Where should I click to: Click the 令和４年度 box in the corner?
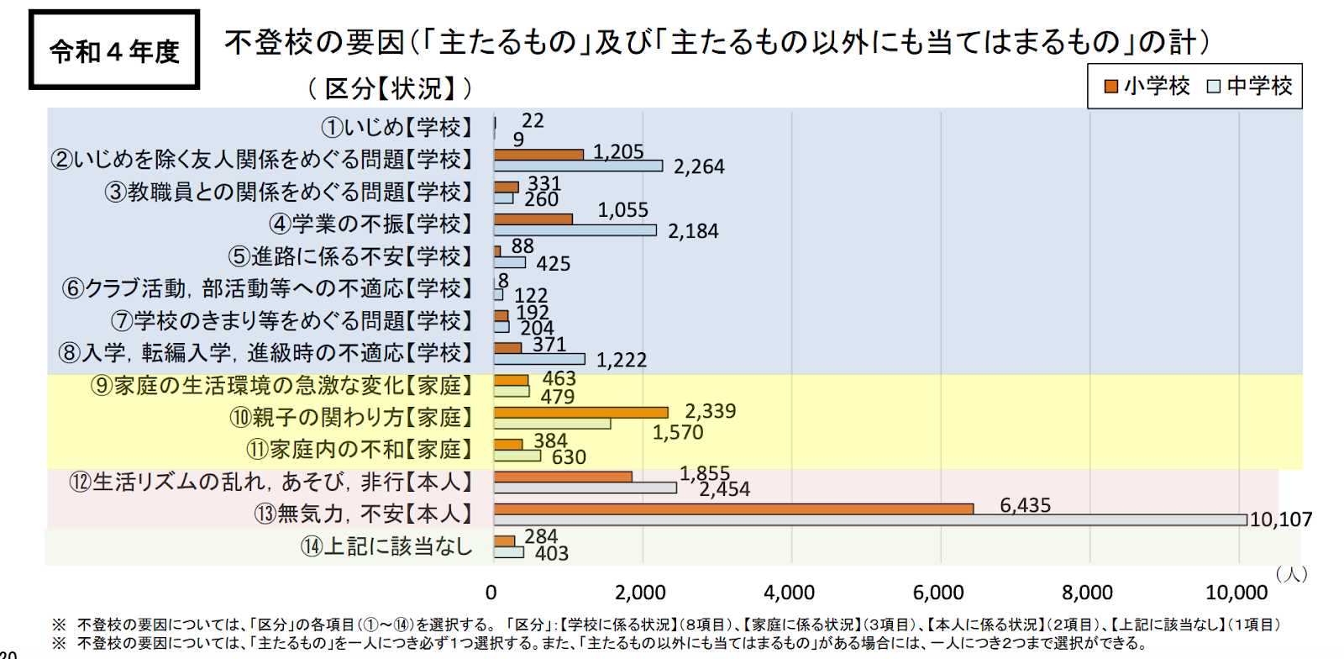[x=114, y=50]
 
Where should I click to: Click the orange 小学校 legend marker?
[x=1111, y=87]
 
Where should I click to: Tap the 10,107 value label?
[x=1280, y=519]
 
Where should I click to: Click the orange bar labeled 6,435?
[x=733, y=509]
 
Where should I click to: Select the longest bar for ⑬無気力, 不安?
[x=870, y=520]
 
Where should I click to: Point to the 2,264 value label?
[x=699, y=166]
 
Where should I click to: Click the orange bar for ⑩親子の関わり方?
[x=581, y=412]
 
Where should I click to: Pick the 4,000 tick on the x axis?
[x=789, y=593]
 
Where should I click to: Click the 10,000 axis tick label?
[x=1236, y=593]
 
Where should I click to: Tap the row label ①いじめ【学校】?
[x=397, y=127]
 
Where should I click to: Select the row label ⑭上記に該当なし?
[x=386, y=546]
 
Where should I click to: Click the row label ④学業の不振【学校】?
[x=370, y=224]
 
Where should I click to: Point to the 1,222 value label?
[x=622, y=360]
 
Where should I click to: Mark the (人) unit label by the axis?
[x=1292, y=573]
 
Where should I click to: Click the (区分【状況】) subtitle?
[x=390, y=87]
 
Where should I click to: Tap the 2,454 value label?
[x=724, y=489]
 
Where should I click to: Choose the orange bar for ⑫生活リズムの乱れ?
[x=563, y=477]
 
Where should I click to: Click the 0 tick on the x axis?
[x=491, y=593]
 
